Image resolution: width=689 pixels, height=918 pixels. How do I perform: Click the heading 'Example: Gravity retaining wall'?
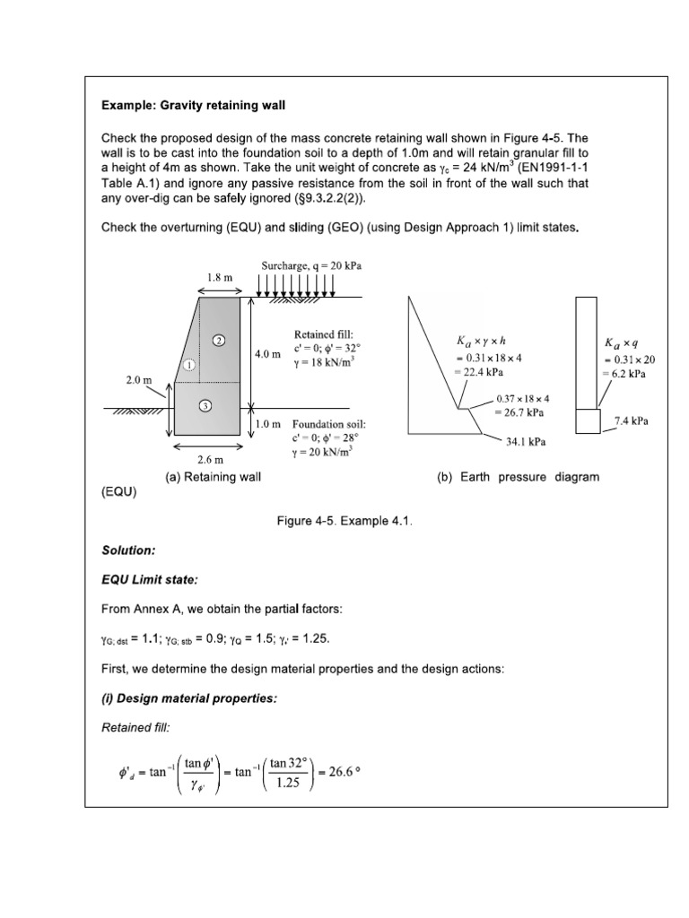point(193,106)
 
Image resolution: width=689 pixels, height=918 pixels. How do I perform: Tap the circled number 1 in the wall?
point(189,365)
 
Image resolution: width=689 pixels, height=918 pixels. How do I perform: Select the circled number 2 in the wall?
point(218,340)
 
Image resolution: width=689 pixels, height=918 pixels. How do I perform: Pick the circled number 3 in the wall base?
point(205,406)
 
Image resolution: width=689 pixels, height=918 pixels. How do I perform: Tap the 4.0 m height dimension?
point(267,354)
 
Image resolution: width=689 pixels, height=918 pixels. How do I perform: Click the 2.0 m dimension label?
point(140,380)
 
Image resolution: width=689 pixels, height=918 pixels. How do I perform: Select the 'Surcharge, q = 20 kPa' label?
point(306,266)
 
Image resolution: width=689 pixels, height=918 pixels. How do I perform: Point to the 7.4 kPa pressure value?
point(631,420)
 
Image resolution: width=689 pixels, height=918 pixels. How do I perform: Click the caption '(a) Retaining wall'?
point(214,477)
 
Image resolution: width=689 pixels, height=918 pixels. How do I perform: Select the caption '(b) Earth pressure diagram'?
point(518,477)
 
